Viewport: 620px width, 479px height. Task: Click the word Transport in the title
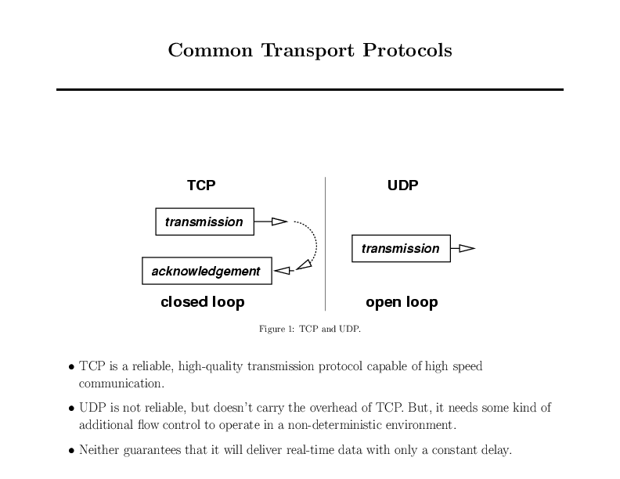click(308, 51)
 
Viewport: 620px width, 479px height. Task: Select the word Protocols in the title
click(407, 50)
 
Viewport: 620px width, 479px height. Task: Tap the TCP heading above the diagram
click(201, 185)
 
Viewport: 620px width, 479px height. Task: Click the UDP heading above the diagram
click(403, 185)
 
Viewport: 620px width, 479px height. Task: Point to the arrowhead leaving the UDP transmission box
click(467, 248)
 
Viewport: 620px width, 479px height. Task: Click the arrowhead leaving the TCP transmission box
click(279, 221)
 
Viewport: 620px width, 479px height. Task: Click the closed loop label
click(203, 302)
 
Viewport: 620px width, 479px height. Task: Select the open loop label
click(402, 302)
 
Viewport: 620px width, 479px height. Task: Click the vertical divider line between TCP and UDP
click(325, 244)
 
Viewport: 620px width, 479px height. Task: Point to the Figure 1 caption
click(309, 329)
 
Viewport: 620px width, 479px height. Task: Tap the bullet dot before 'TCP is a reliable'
click(71, 367)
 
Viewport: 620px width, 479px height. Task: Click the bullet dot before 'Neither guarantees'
click(71, 451)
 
